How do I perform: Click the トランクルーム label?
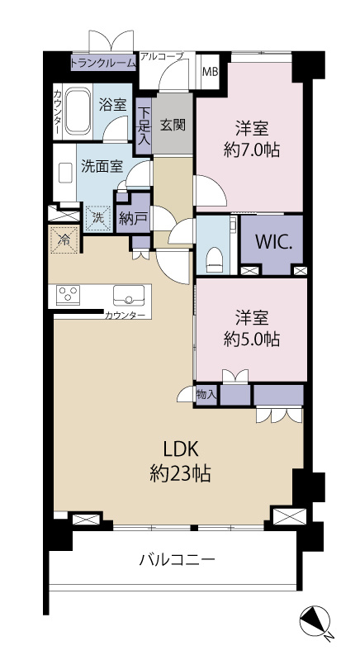[103, 63]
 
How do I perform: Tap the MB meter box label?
[211, 71]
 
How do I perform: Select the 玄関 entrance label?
[173, 125]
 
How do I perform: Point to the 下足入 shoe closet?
[144, 126]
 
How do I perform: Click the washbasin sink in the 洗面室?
[65, 173]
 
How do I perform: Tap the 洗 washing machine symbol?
[98, 218]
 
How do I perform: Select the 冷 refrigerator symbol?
[64, 240]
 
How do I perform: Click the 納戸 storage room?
[133, 217]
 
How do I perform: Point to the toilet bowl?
[214, 259]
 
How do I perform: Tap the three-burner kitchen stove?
[69, 295]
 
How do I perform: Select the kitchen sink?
[129, 295]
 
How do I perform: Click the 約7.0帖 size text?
[252, 150]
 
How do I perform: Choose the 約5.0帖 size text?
[252, 339]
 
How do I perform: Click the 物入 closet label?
[206, 394]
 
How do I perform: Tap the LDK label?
[181, 450]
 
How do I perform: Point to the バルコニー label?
[178, 560]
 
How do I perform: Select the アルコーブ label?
[162, 56]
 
